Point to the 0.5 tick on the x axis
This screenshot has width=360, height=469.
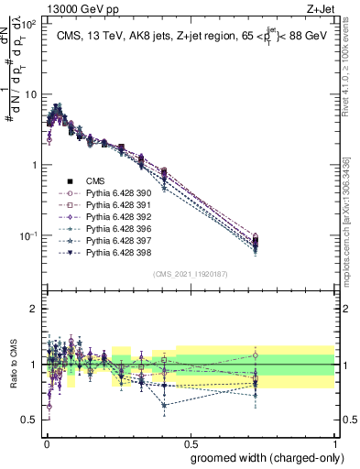(x=191, y=441)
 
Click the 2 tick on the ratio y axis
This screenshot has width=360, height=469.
(x=35, y=309)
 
